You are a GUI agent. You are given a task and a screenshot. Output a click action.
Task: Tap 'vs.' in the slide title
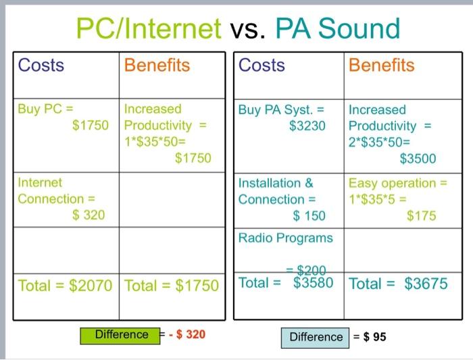[249, 29]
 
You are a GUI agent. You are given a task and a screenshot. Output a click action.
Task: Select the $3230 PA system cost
[307, 126]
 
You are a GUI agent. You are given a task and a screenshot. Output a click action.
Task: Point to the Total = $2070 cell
[65, 285]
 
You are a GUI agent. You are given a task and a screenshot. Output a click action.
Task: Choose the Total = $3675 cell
[398, 284]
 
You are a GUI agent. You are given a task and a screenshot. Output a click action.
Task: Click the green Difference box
[122, 334]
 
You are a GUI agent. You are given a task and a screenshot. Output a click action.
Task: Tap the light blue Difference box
[316, 336]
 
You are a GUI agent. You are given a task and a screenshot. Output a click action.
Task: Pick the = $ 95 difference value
[370, 336]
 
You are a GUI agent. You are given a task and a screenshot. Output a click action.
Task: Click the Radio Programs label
[285, 238]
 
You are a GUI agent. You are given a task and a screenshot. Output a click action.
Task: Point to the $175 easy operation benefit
[421, 216]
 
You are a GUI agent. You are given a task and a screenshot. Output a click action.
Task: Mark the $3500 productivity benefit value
[418, 159]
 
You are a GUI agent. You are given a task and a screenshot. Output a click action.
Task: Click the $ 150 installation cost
[309, 216]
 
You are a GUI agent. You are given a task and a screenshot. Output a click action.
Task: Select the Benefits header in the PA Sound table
[382, 65]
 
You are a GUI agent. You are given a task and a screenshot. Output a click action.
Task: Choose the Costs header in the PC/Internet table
[41, 65]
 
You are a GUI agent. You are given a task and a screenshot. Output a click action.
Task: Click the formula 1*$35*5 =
[379, 200]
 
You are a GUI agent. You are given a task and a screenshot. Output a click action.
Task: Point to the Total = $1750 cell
[172, 285]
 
